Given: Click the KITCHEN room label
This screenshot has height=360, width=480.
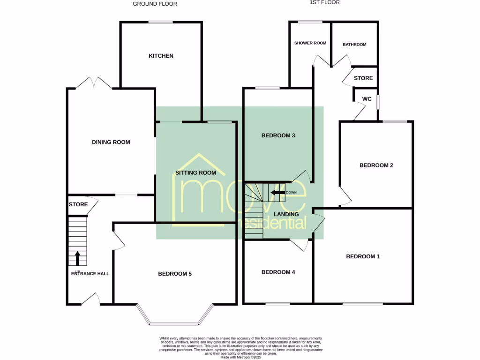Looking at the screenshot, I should click(x=161, y=56).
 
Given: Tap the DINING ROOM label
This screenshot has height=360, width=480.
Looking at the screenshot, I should click(x=111, y=142).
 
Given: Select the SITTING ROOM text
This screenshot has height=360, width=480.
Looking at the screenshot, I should click(x=195, y=173).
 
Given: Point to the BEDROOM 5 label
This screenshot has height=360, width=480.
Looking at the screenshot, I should click(x=175, y=274).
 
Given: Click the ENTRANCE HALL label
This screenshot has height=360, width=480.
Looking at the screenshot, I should click(x=90, y=273).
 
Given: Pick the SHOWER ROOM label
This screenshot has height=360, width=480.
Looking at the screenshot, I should click(x=310, y=43).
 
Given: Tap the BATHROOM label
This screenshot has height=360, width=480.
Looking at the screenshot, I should click(x=354, y=45).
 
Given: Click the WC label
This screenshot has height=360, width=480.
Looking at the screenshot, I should click(x=367, y=99).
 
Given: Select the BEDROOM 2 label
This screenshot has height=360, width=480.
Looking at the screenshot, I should click(x=376, y=165).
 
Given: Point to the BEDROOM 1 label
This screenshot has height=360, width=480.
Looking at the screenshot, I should click(x=363, y=256).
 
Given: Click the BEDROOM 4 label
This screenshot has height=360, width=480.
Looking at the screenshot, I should click(x=278, y=272).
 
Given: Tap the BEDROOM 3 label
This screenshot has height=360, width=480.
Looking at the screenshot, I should click(x=278, y=136).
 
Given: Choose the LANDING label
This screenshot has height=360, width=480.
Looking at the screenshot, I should click(x=286, y=214).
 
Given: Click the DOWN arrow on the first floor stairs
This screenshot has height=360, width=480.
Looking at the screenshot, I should click(x=277, y=192).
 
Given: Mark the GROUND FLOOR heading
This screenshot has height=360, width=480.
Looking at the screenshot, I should click(x=155, y=4).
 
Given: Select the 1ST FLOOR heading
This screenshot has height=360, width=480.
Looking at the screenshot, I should click(x=324, y=2).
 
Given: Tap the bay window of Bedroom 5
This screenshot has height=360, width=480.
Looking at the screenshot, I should click(x=174, y=322).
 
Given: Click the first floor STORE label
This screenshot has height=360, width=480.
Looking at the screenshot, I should click(x=363, y=78).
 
